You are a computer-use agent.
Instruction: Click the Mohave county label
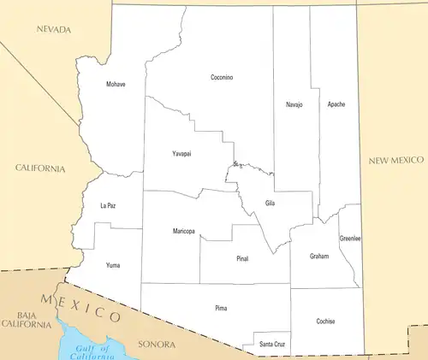pos(116,85)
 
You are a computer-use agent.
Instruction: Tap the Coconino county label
pos(222,78)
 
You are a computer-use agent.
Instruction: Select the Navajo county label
pos(294,104)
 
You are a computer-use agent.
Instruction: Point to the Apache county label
pos(336,104)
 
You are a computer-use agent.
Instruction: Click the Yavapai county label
pos(181,153)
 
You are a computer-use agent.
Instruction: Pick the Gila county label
pos(270,203)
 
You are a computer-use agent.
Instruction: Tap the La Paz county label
pos(108,206)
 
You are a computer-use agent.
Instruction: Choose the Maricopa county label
pos(183,232)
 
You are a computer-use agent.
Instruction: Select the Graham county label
pos(319,256)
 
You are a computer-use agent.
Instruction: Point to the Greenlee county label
pos(350,239)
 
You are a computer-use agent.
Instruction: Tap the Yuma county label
pos(113,266)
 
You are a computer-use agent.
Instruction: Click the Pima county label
pos(221,306)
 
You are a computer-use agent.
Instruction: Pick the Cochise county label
pos(325,322)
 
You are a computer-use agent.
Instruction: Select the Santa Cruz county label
pos(272,344)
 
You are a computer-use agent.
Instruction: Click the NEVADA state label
pos(54,30)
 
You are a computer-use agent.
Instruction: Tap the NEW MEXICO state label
pos(395,161)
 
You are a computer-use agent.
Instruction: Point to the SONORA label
pos(157,345)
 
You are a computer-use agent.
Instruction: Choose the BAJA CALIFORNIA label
pos(25,321)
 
